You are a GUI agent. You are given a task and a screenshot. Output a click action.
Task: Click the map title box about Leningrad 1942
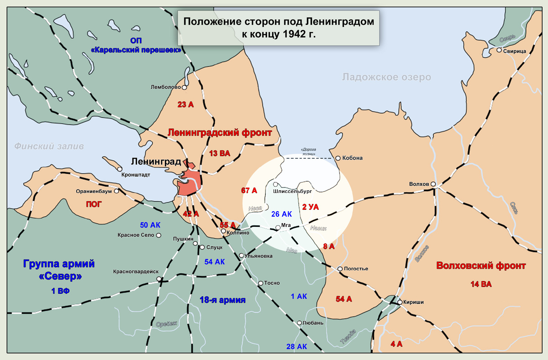(x=279, y=28)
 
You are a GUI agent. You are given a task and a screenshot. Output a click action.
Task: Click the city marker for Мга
(x=278, y=227)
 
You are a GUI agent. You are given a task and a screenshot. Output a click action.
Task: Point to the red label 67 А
(x=249, y=190)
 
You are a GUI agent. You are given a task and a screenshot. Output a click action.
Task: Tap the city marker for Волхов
(x=433, y=184)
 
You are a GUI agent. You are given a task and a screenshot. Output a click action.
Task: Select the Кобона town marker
(x=338, y=158)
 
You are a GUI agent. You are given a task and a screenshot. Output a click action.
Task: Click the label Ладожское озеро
(x=386, y=77)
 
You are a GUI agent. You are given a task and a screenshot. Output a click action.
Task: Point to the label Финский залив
(x=49, y=146)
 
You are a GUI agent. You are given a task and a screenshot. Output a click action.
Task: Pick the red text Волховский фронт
(x=481, y=266)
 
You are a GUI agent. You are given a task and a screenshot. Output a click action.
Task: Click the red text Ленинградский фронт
(x=220, y=133)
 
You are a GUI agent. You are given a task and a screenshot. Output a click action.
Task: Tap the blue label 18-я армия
(x=223, y=300)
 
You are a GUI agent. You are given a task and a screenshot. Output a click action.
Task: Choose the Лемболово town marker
(x=184, y=87)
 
